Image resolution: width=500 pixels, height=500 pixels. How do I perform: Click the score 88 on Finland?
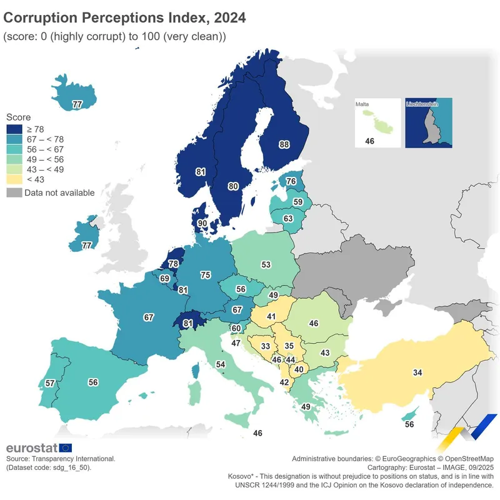click(284, 144)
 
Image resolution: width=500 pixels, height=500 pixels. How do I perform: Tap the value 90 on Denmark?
click(202, 223)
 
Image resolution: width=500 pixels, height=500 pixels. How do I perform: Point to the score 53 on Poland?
click(266, 265)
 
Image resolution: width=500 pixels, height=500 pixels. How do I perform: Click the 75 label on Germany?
click(205, 275)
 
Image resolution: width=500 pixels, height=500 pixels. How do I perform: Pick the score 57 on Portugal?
click(51, 382)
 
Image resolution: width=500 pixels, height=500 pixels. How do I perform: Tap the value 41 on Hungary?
click(271, 317)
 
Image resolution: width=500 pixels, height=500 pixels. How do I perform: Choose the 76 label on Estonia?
click(291, 181)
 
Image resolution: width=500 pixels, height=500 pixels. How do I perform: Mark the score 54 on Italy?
click(220, 364)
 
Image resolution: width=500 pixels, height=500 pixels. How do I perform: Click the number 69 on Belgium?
click(165, 278)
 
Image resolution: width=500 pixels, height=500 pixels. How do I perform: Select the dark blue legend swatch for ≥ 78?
click(14, 128)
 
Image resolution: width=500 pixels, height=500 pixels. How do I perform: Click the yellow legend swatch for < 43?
click(14, 180)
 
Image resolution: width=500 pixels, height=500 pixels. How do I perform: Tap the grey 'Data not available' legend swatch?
click(14, 192)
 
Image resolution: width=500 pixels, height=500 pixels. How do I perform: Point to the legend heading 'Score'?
click(18, 117)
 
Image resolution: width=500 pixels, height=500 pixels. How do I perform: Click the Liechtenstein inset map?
click(428, 123)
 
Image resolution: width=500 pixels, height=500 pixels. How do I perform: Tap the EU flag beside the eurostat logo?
click(66, 447)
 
